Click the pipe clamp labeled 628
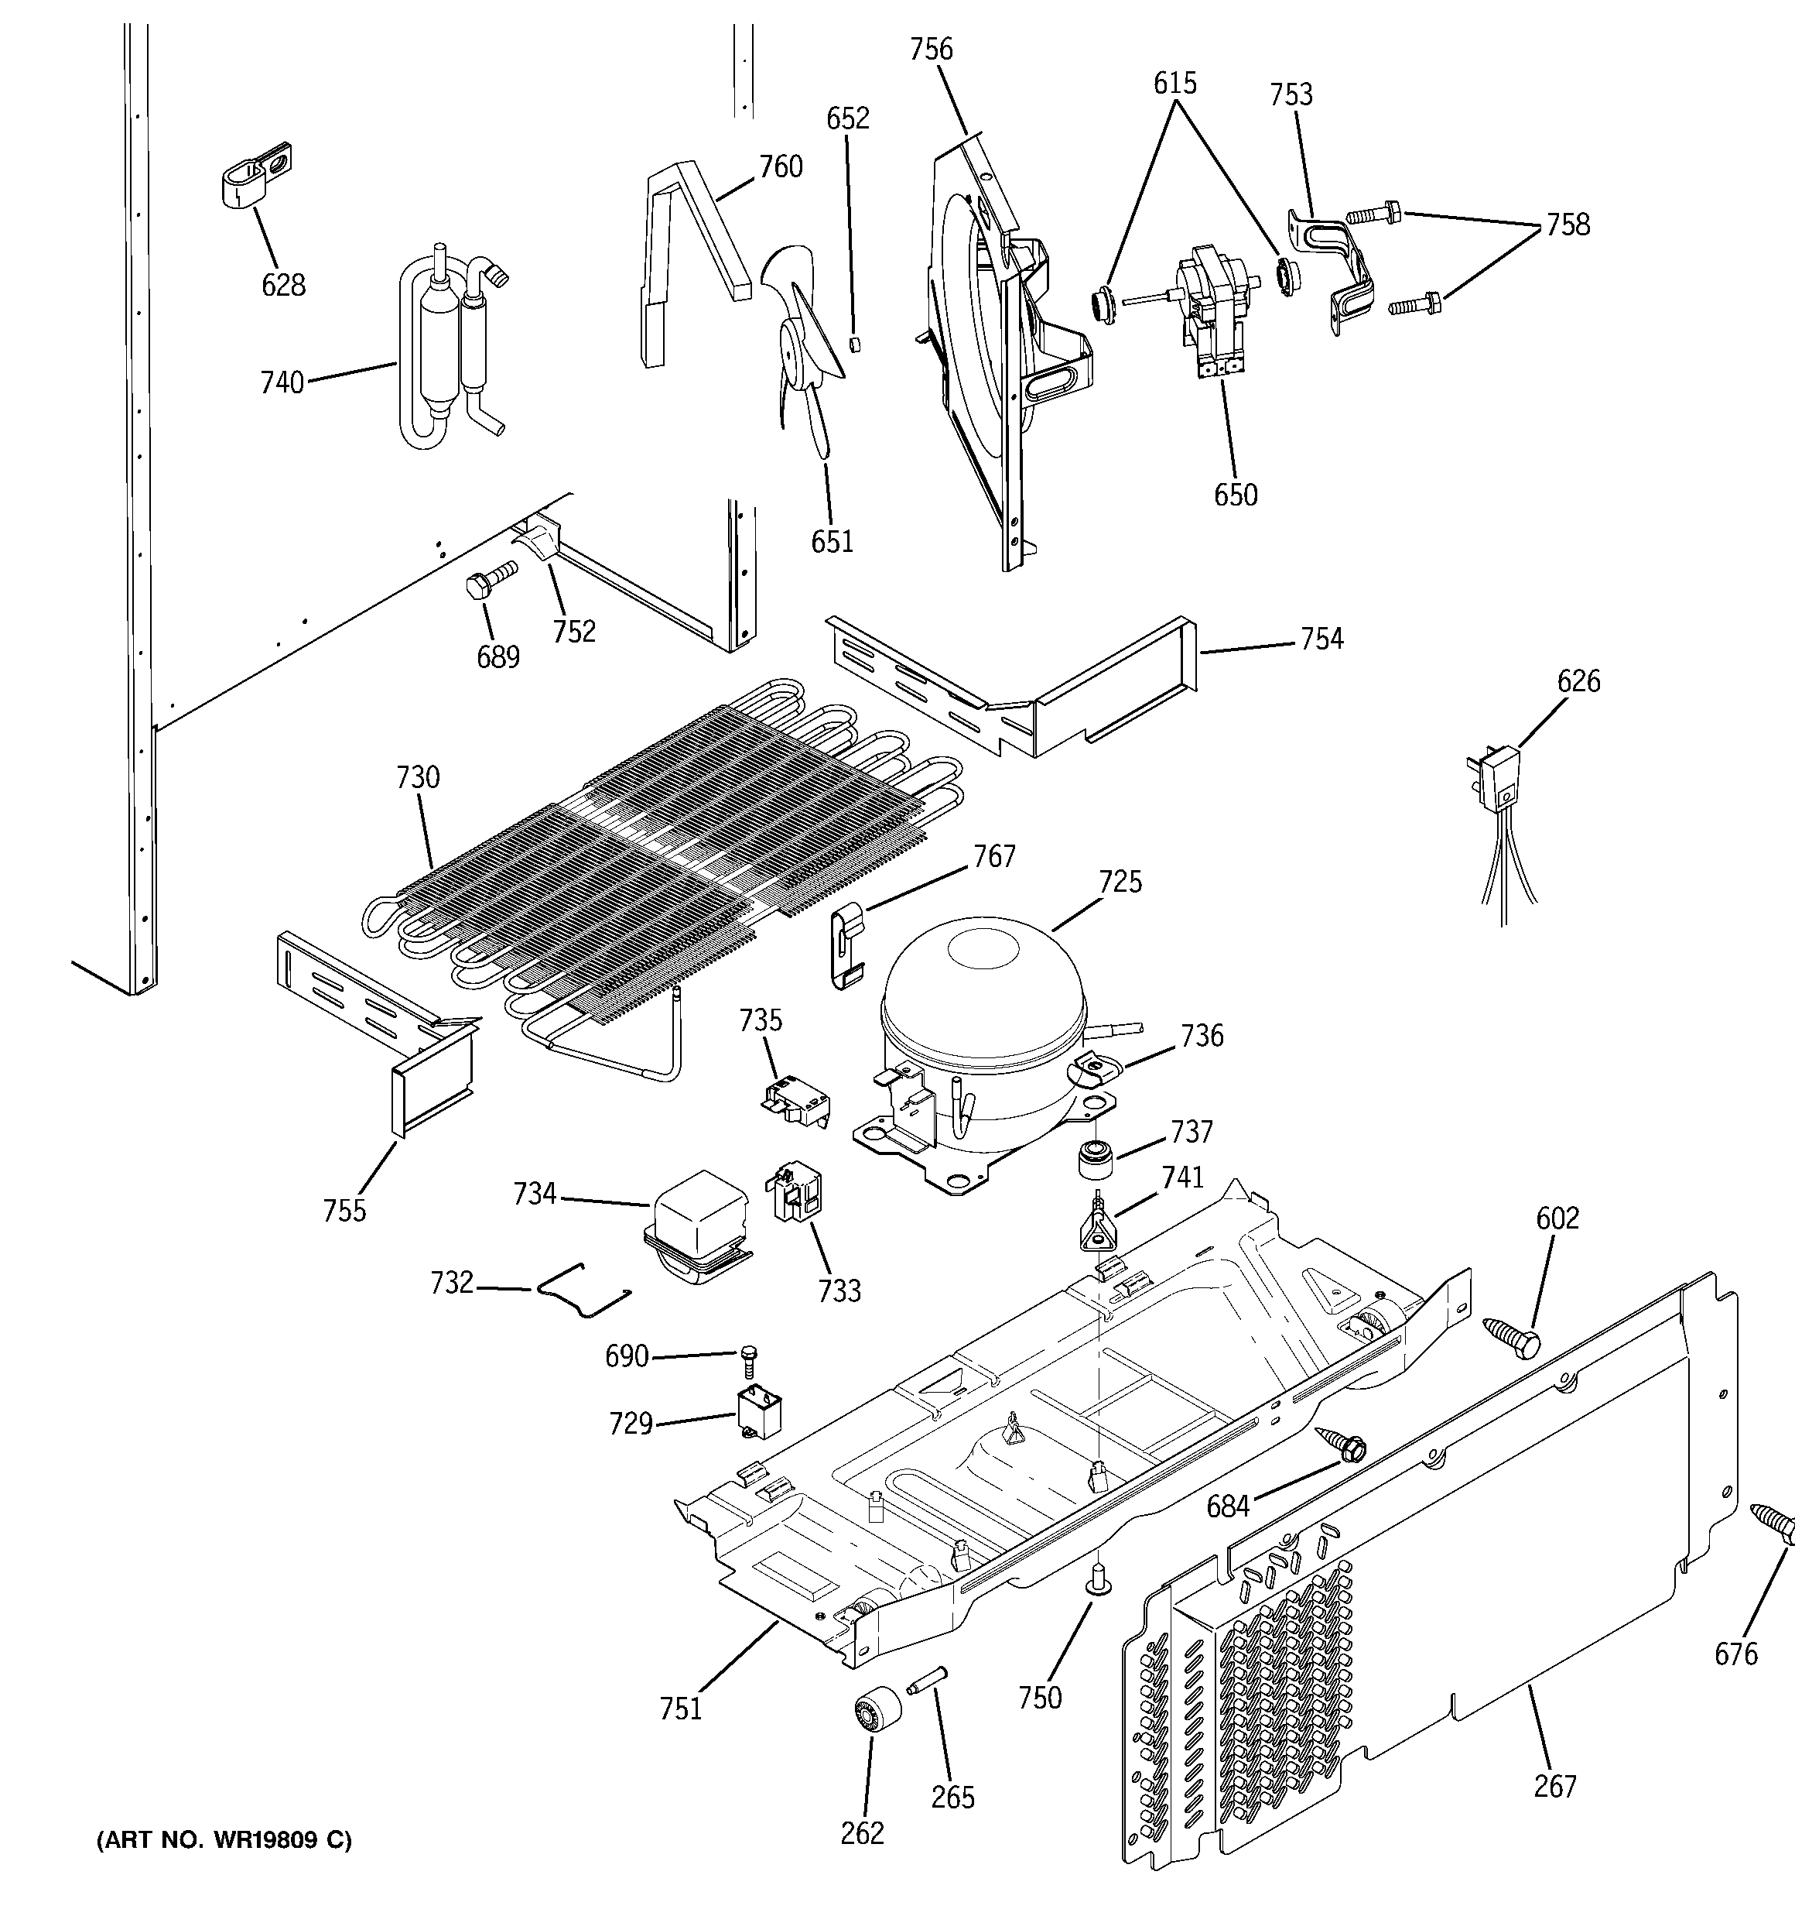(x=251, y=174)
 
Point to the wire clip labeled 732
(x=583, y=1289)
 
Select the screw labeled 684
(x=1340, y=1445)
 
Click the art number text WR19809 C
(x=224, y=1840)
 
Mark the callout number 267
(x=1554, y=1786)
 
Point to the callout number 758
(x=1568, y=225)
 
